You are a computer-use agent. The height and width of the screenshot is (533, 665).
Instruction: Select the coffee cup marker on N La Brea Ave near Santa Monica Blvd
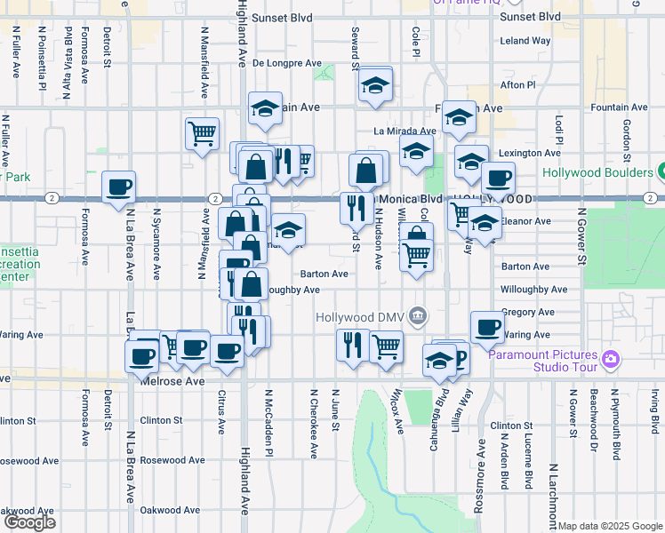pyautogui.click(x=118, y=188)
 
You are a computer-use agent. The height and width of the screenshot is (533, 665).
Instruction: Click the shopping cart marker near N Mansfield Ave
pyautogui.click(x=203, y=134)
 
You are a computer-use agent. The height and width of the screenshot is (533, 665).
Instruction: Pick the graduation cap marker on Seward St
pyautogui.click(x=376, y=87)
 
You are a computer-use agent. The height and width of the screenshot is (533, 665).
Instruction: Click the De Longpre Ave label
pyautogui.click(x=286, y=63)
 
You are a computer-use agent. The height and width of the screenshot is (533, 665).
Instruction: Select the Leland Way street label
pyautogui.click(x=525, y=41)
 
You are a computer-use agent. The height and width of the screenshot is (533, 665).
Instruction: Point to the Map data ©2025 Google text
pyautogui.click(x=610, y=526)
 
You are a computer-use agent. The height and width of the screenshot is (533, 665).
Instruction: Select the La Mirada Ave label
pyautogui.click(x=405, y=131)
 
